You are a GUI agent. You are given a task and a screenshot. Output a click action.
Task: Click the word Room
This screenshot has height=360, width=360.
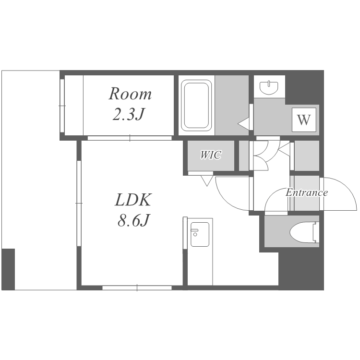tap(130, 94)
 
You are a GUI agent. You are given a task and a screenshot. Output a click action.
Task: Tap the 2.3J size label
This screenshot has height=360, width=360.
tap(129, 114)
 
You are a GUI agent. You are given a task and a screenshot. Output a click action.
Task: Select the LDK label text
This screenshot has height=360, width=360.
tap(133, 200)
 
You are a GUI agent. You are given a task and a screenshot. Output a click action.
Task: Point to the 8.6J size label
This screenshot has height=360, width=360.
tap(133, 220)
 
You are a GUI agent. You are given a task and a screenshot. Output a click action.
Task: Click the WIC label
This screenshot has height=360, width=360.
tap(211, 155)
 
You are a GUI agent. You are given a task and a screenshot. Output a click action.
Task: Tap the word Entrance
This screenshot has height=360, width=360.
tap(307, 192)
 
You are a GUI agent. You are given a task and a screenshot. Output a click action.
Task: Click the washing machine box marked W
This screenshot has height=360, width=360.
tap(304, 120)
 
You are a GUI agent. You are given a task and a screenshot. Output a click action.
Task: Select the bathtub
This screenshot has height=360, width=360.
tap(196, 106)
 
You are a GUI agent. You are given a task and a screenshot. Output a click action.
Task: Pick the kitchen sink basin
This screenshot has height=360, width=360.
tap(200, 234)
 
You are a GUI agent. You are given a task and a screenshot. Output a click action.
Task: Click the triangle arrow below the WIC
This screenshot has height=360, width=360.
tap(206, 180)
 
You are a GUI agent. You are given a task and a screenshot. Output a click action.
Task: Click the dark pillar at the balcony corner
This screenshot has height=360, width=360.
tap(8, 269)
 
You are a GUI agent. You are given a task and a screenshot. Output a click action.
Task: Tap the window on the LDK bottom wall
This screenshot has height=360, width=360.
tap(137, 288)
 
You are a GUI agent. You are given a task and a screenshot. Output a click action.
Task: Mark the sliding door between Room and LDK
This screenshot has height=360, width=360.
tap(130, 138)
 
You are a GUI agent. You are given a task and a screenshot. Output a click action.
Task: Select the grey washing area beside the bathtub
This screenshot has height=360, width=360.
tap(232, 106)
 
